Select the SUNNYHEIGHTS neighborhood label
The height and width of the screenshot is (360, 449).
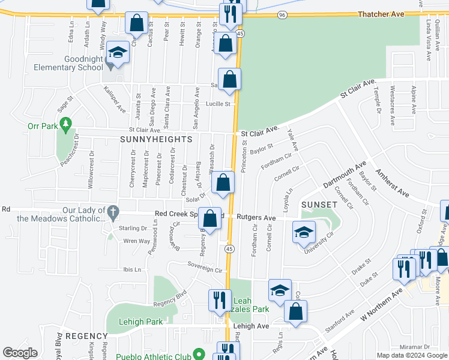tap(156, 139)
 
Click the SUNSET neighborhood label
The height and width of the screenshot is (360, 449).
tap(319, 205)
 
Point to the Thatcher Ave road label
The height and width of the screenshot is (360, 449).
tap(396, 14)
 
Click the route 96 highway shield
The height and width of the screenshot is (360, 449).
tap(282, 14)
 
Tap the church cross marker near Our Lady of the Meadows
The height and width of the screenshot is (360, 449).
tap(112, 212)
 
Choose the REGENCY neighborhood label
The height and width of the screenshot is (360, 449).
tap(86, 335)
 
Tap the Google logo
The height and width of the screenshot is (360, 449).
tap(20, 353)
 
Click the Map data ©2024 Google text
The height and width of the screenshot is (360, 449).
tap(412, 355)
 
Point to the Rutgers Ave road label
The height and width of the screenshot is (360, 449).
tap(256, 218)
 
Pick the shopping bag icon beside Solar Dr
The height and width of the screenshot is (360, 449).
tap(223, 183)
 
